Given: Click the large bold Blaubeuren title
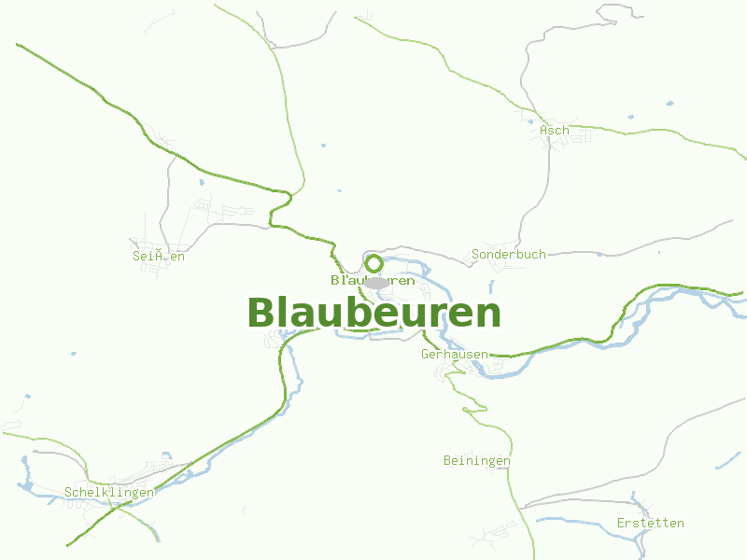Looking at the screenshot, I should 373,313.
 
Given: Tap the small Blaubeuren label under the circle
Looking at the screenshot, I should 373,280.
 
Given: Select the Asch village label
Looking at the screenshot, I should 554,131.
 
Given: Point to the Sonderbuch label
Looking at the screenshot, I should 509,254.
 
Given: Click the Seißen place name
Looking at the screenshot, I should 159,255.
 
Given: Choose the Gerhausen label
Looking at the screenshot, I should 455,355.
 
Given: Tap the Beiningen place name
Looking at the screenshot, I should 476,461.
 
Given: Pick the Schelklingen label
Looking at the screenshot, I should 109,492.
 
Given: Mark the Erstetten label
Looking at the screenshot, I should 650,523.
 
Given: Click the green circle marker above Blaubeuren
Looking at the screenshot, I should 373,263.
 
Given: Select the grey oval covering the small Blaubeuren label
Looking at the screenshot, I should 376,283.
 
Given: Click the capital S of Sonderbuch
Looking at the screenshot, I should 476,254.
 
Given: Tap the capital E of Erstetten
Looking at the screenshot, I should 621,523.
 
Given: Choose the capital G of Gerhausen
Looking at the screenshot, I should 426,355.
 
